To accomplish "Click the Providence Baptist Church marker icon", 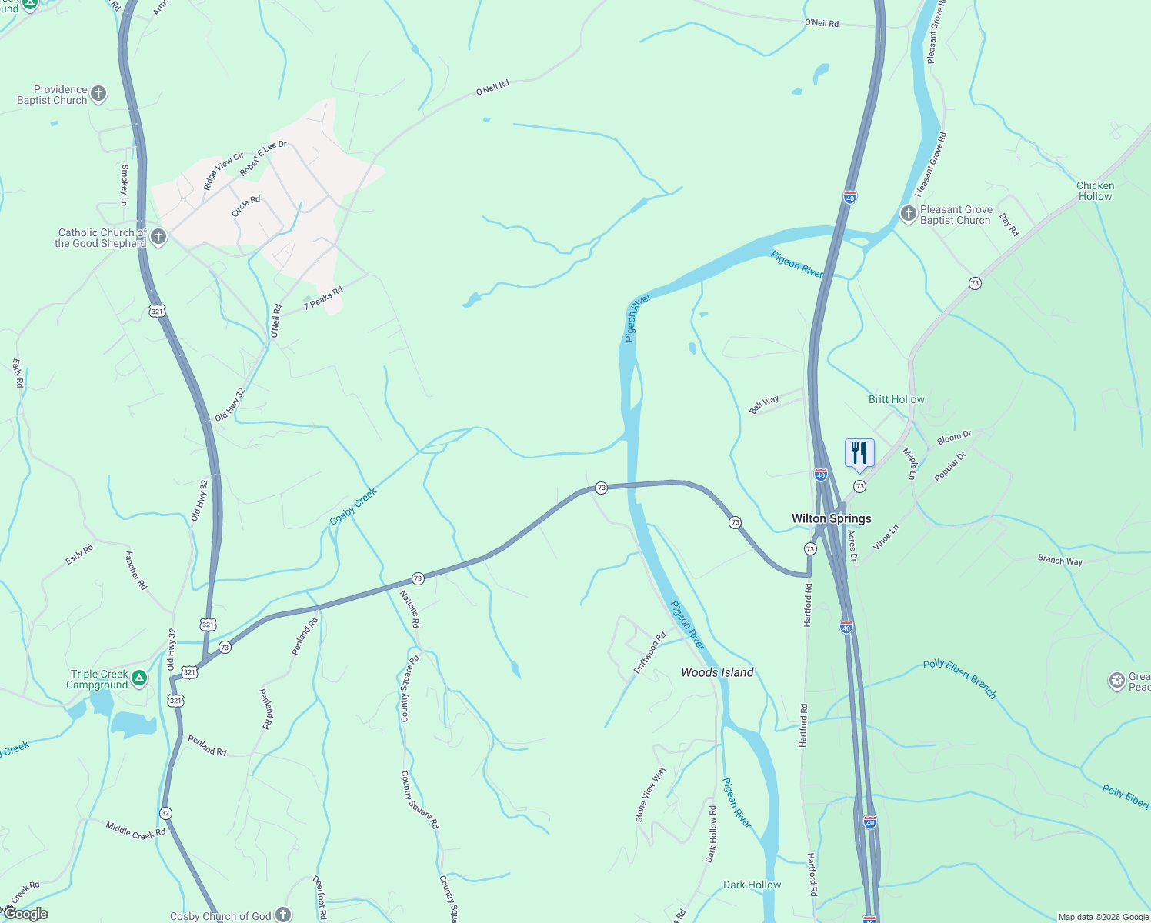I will point(98,94).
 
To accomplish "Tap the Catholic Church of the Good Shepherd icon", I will point(158,236).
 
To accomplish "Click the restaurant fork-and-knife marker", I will point(859,453).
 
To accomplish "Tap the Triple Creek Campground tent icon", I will point(138,678).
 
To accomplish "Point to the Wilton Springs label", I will point(831,518).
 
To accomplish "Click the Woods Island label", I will point(717,672).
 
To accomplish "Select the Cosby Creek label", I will point(353,506).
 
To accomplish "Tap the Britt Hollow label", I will point(896,399).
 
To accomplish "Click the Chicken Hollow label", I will point(1095,191).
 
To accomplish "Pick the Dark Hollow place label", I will point(752,885).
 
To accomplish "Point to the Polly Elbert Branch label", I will point(959,678).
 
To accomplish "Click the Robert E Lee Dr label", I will point(263,158).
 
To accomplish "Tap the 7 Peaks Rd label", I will point(323,298).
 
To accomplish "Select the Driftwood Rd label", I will point(649,653).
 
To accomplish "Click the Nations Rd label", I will point(409,608).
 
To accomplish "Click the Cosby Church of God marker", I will point(283,915).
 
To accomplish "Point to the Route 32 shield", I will point(165,813).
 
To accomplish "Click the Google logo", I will point(25,914).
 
